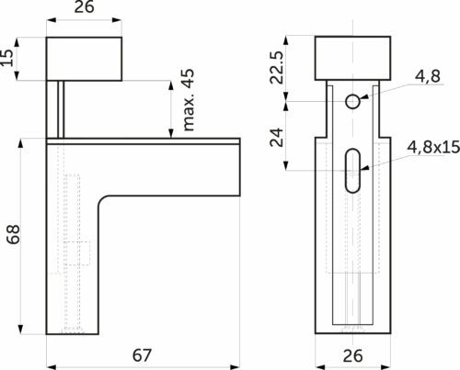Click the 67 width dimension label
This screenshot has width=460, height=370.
[x=142, y=355]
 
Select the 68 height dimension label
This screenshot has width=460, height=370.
[x=14, y=234]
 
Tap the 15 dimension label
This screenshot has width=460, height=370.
[x=7, y=58]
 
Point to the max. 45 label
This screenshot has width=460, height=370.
[x=188, y=100]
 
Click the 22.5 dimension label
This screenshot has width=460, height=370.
[x=276, y=68]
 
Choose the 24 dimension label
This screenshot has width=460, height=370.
[x=277, y=138]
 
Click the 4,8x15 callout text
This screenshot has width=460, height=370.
[x=433, y=147]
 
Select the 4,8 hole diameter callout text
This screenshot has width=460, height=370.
[x=428, y=76]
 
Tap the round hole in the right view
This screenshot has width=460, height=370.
[x=352, y=102]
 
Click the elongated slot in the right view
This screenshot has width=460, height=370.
[x=352, y=171]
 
